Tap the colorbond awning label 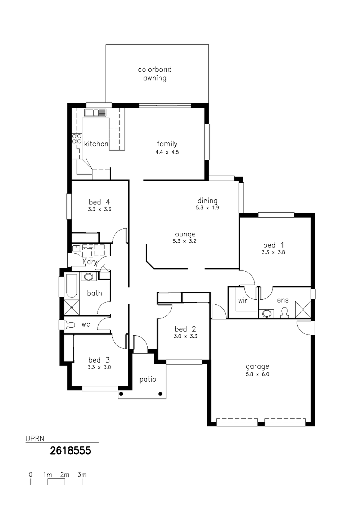click(x=155, y=74)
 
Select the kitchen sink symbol click(x=95, y=113)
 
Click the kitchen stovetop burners click(x=77, y=138)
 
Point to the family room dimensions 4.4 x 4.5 click(x=167, y=152)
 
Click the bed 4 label click(x=99, y=202)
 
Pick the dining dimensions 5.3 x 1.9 click(x=208, y=208)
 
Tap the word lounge click(x=184, y=234)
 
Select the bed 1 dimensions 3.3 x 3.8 click(x=273, y=252)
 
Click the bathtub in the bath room click(x=71, y=286)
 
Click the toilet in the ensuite click(x=284, y=313)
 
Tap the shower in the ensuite click(x=303, y=309)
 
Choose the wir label click(x=243, y=301)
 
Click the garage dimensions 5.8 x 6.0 click(x=257, y=374)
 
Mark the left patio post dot click(x=121, y=394)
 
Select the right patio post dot click(x=160, y=394)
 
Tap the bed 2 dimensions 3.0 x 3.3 click(x=185, y=336)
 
